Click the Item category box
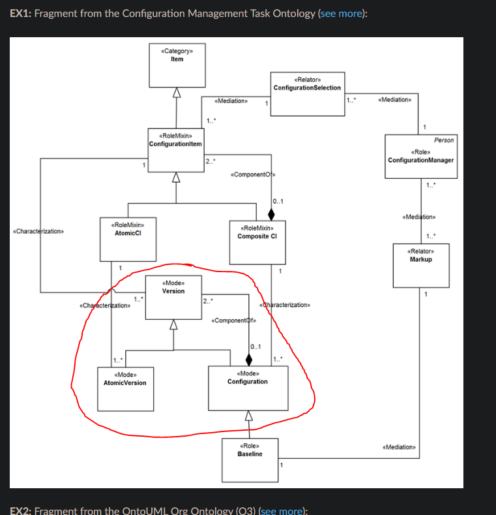click(x=176, y=64)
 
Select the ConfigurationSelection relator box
click(x=307, y=93)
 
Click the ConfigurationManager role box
click(x=420, y=157)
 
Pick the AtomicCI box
click(x=124, y=239)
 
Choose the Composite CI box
click(x=257, y=241)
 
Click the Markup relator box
click(x=420, y=264)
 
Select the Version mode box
click(x=173, y=298)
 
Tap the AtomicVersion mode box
click(x=124, y=388)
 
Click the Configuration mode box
click(x=247, y=388)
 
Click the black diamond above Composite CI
click(x=272, y=214)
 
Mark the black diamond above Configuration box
click(x=248, y=360)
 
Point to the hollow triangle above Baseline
click(x=248, y=416)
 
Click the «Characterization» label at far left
click(x=38, y=231)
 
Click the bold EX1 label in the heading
click(x=20, y=14)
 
